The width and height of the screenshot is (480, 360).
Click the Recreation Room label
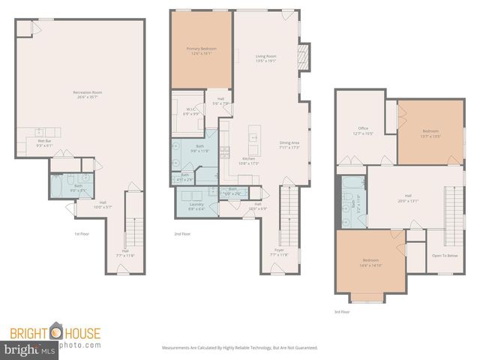[88, 93]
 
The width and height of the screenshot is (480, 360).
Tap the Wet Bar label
[44, 141]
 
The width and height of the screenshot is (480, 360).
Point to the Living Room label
[266, 55]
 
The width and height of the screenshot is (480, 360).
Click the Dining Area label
[289, 142]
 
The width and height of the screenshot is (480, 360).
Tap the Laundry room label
[196, 204]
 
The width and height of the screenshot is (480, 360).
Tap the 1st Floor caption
[82, 234]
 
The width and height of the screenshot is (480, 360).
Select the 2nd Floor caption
[182, 234]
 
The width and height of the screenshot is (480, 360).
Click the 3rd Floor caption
[342, 311]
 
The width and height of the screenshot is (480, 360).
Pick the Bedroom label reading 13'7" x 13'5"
[430, 133]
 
